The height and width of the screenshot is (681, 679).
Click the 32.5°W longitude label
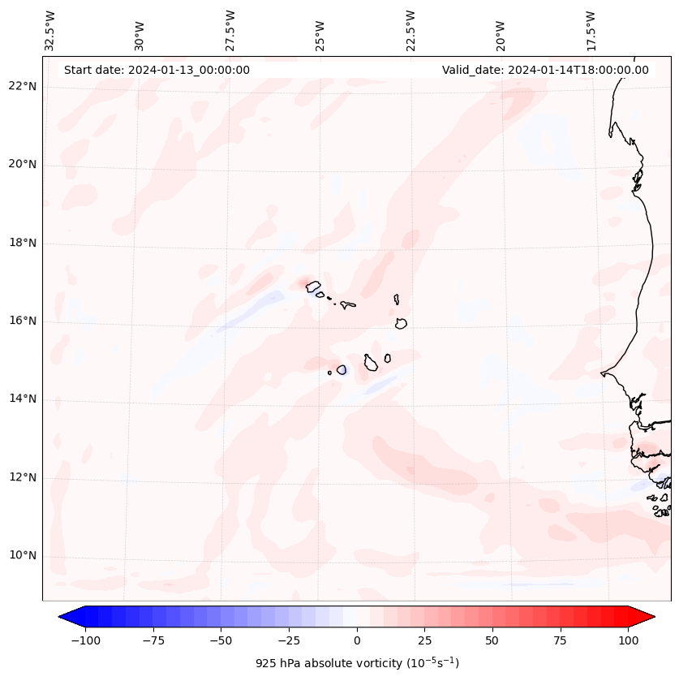50,31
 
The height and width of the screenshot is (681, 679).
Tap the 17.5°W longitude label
591,31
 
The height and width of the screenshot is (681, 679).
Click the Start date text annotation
157,70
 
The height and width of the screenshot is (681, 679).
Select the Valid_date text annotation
545,70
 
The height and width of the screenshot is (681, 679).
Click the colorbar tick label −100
85,640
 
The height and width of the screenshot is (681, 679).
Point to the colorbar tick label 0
357,640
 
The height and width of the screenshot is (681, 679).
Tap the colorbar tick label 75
560,640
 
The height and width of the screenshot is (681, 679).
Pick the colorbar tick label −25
288,640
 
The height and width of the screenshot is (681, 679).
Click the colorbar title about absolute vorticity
357,663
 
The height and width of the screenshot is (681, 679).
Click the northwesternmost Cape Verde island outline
313,286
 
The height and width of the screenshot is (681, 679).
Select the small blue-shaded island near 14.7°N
342,370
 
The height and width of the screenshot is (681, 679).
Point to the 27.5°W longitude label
230,31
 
